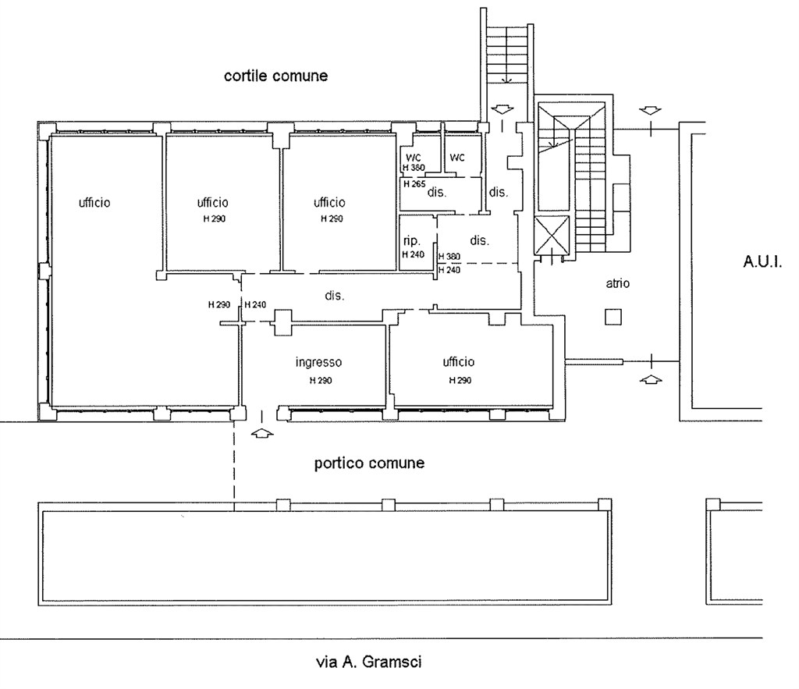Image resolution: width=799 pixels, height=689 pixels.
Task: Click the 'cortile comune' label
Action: [275, 76]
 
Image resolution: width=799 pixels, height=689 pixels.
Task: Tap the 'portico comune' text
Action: [369, 463]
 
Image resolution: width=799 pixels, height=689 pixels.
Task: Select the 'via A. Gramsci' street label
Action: [369, 662]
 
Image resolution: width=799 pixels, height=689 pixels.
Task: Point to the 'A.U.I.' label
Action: [762, 262]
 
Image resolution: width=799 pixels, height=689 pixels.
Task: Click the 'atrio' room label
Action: [618, 283]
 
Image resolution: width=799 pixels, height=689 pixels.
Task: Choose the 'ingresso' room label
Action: [318, 362]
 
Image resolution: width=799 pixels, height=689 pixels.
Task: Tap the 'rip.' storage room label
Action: [412, 241]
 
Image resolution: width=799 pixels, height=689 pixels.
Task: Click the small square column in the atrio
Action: [613, 317]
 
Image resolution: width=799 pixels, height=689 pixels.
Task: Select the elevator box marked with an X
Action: [552, 235]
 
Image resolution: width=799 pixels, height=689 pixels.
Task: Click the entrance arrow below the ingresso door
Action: [262, 434]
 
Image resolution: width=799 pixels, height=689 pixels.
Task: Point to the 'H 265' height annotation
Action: [414, 184]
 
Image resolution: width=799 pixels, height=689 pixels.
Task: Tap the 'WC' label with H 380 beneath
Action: [414, 158]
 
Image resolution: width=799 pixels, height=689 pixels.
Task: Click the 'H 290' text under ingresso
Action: [321, 381]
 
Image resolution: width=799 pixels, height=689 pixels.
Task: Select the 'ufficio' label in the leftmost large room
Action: [94, 203]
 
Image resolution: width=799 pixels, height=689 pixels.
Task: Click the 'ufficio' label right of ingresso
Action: [459, 362]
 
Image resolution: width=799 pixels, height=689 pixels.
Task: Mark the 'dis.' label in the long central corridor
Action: [334, 296]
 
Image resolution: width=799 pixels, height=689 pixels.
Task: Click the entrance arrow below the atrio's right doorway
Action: [650, 379]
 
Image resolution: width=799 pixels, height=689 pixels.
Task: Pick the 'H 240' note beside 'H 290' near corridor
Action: [255, 305]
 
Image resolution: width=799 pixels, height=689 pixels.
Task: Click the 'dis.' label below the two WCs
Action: [437, 192]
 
